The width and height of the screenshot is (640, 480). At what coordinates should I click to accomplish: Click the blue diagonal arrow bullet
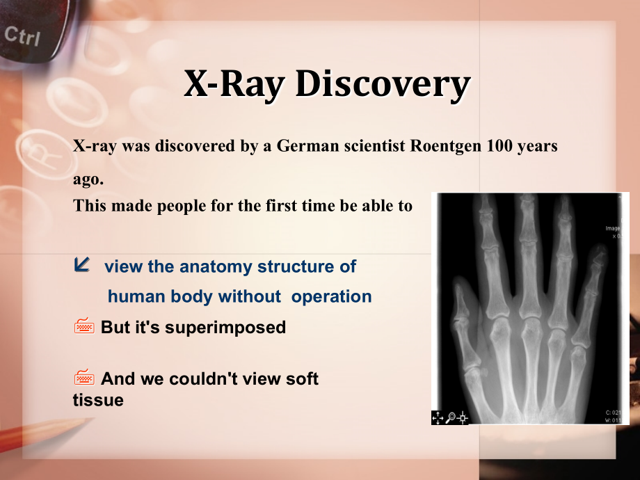click(x=81, y=264)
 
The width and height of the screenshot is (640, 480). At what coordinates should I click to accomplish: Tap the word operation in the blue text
click(x=331, y=297)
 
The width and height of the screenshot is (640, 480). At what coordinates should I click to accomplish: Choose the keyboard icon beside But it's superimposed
click(x=84, y=326)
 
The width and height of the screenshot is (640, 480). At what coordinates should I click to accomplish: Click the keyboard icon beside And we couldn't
click(x=84, y=377)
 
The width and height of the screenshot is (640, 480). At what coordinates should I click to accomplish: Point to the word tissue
click(x=98, y=400)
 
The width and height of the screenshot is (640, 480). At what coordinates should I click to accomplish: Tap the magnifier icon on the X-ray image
click(x=451, y=417)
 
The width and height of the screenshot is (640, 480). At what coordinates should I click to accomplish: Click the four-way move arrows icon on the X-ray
click(x=438, y=417)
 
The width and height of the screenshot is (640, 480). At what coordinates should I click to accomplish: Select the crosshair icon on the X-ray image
click(x=463, y=417)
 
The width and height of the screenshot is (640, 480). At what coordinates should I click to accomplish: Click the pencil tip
click(x=93, y=419)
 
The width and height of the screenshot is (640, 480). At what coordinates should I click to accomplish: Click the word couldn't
click(x=205, y=378)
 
